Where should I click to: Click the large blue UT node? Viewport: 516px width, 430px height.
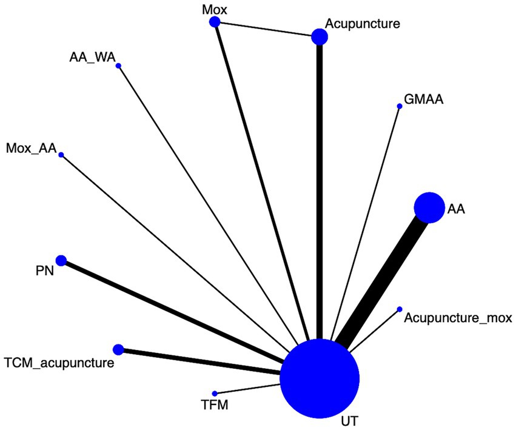pos(320,378)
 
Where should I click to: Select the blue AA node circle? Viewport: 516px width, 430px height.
pos(429,208)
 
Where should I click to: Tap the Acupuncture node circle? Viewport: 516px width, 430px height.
pos(320,37)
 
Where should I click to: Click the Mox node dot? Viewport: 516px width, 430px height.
pos(214,22)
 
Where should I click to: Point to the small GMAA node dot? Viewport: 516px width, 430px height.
pos(399,106)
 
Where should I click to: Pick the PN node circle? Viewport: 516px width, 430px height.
pos(61,260)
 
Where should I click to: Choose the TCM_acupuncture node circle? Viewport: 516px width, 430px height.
pos(118,349)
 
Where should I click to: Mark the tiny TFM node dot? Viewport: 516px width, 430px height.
pos(215,393)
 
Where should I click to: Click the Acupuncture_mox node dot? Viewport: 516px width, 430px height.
pos(399,309)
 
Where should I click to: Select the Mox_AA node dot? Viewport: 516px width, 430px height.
pos(61,155)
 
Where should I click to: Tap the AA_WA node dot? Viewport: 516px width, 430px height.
pos(118,66)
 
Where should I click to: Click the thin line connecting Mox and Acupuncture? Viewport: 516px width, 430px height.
pos(267,29)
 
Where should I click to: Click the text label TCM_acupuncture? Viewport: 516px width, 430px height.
pos(58,363)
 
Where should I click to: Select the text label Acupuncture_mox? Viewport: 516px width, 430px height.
pos(458,317)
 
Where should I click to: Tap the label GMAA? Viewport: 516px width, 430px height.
pos(424,99)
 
